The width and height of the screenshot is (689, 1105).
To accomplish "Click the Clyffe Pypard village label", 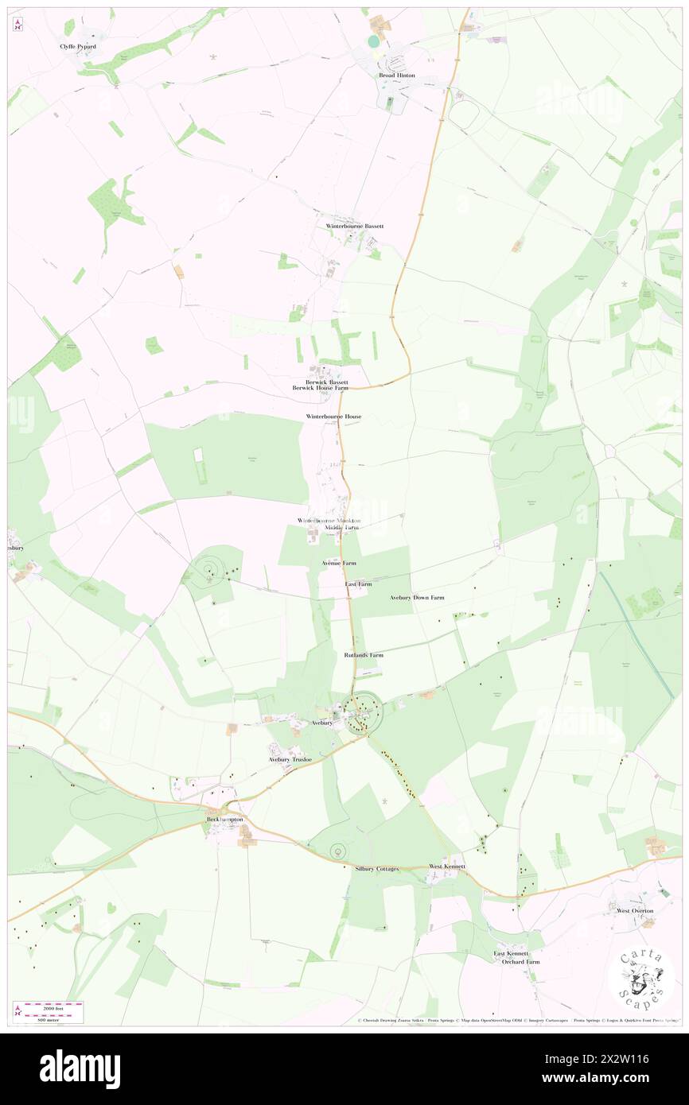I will pyautogui.click(x=78, y=47).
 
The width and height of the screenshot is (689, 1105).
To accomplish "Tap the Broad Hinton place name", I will pyautogui.click(x=396, y=75).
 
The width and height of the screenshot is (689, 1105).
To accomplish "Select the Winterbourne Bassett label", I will pyautogui.click(x=355, y=226).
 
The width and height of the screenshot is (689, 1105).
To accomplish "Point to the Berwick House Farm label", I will pyautogui.click(x=321, y=388).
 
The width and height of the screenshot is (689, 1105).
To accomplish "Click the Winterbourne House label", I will pyautogui.click(x=334, y=417).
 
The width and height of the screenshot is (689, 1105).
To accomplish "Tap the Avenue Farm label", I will pyautogui.click(x=339, y=563).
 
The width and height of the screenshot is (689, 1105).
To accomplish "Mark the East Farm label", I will pyautogui.click(x=358, y=584).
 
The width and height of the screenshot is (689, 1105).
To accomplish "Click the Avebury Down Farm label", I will pyautogui.click(x=417, y=597).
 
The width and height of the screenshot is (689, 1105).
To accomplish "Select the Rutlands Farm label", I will pyautogui.click(x=364, y=655).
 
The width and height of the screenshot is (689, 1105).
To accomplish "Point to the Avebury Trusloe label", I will pyautogui.click(x=290, y=759).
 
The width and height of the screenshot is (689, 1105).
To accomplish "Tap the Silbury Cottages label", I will pyautogui.click(x=376, y=869).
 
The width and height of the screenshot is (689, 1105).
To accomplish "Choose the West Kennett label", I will pyautogui.click(x=446, y=866).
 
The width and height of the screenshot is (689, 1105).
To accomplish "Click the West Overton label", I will pyautogui.click(x=635, y=910).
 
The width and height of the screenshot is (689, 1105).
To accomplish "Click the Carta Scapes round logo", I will pyautogui.click(x=641, y=979).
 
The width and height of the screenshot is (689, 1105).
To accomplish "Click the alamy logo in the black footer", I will pyautogui.click(x=80, y=1068).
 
